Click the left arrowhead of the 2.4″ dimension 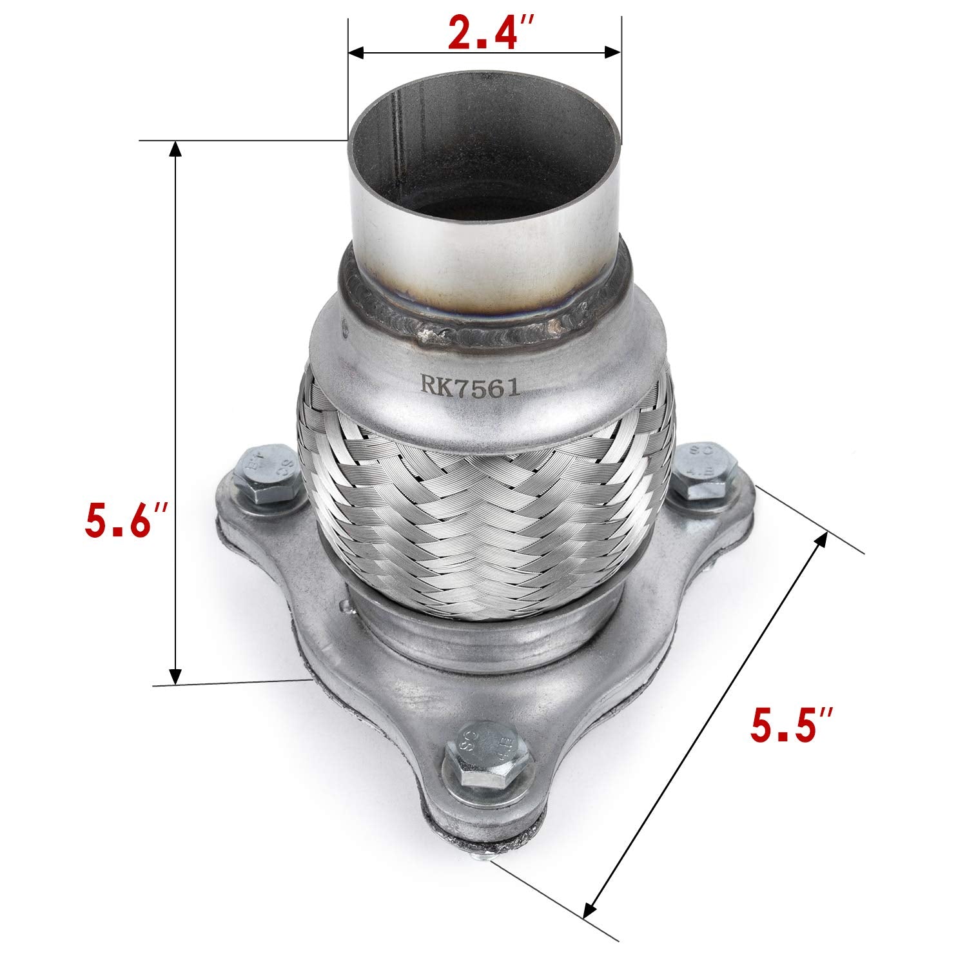355,51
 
